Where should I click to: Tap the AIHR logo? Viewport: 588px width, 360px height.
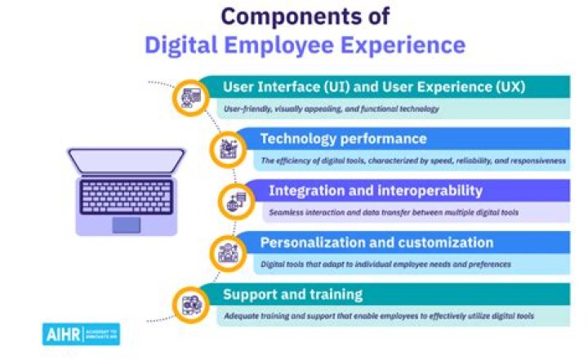coord(81,334)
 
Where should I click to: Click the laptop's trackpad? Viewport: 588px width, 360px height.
coord(126,225)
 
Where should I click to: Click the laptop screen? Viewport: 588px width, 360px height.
coord(126,161)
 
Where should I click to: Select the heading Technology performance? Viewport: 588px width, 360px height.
coord(343,139)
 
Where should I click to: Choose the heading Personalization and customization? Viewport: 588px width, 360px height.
coord(376,242)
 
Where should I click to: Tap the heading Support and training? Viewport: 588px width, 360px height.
coord(293,294)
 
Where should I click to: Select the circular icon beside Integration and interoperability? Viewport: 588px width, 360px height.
coord(235,201)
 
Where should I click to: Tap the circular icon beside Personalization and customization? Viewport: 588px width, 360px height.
coord(226,253)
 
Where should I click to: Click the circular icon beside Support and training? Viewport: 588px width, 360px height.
coord(189,304)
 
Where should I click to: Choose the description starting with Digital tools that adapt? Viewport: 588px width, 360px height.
coord(385,264)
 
